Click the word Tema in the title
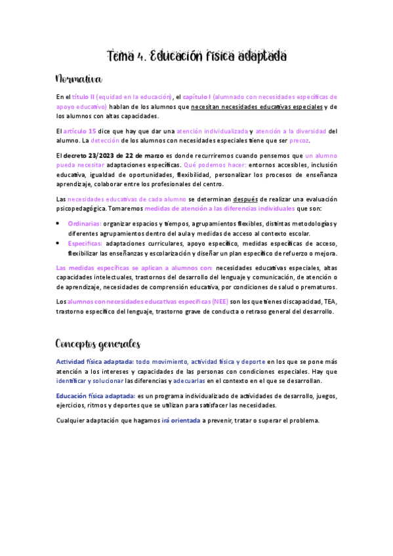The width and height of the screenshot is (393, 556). point(121,57)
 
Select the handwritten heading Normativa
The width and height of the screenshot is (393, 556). point(79,80)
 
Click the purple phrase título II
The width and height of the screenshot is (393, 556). point(84,96)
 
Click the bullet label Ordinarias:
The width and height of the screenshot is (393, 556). point(85,224)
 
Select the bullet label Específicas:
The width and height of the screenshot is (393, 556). point(85,243)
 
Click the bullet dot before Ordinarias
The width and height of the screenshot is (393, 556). point(59,224)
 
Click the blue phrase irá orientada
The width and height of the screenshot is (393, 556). point(181,420)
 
